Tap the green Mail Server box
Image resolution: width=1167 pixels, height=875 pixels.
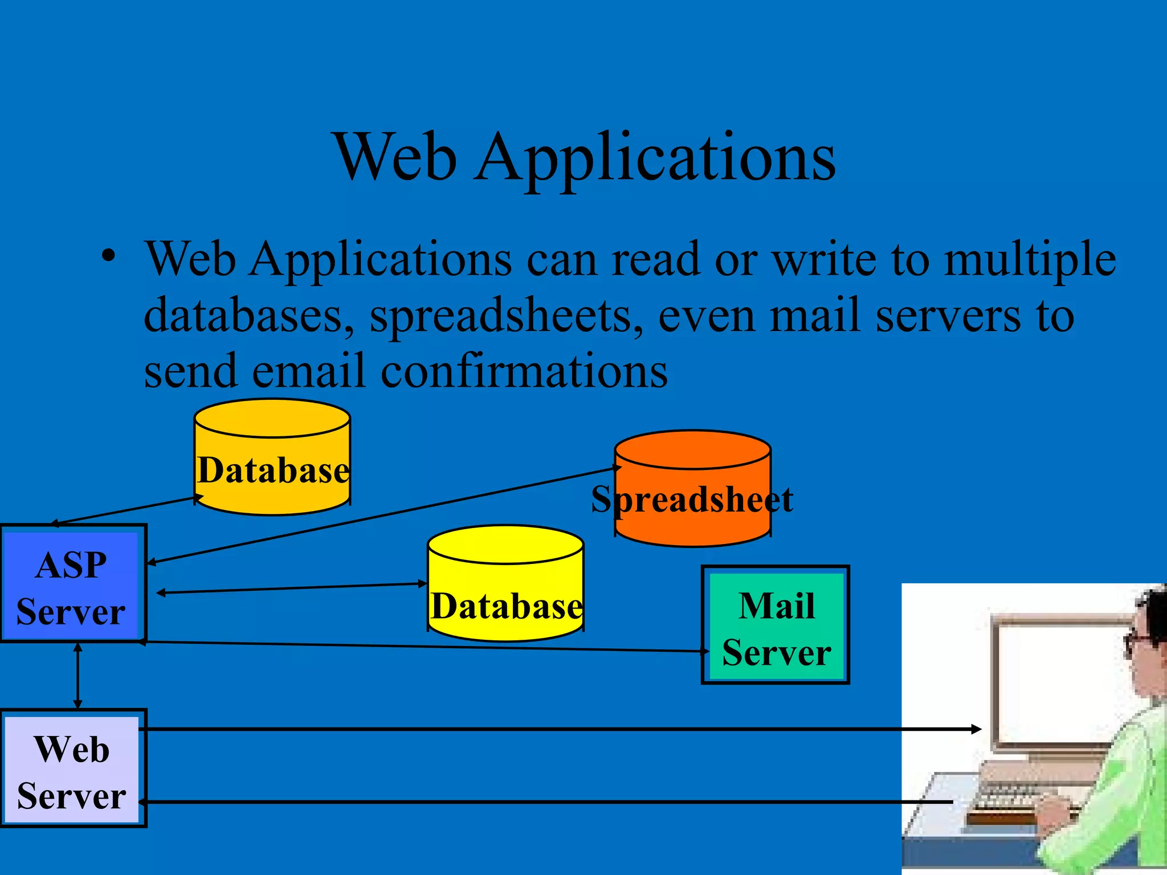point(776,625)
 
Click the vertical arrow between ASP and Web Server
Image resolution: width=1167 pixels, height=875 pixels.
point(78,676)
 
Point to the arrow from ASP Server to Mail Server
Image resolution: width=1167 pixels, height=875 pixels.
point(422,647)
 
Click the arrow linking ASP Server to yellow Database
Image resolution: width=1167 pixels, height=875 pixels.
point(291,588)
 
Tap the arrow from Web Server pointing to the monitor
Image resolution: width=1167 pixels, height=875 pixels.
point(558,729)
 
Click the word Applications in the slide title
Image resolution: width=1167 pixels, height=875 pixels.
point(655,157)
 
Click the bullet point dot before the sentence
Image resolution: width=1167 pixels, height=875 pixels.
point(108,256)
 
